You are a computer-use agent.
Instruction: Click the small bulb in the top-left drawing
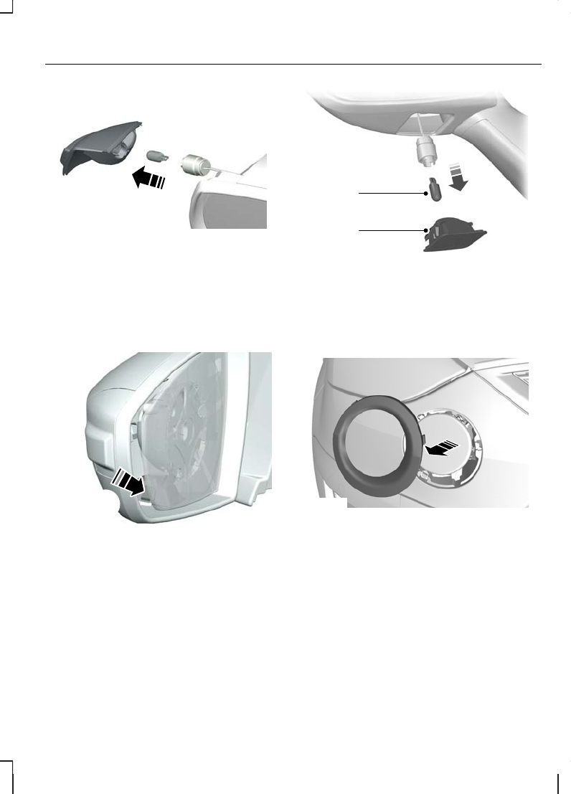[156, 154]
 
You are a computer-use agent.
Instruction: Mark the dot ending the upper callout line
[425, 193]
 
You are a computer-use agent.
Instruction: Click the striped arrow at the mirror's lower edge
[129, 482]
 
